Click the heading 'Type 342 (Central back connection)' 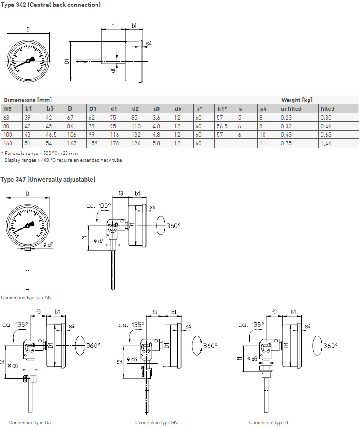(51, 5)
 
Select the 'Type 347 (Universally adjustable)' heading (48, 179)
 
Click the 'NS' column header (7, 109)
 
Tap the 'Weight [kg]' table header (297, 100)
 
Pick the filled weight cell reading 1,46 (326, 143)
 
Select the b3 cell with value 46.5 (52, 135)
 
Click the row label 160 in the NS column (8, 143)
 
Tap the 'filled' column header (327, 109)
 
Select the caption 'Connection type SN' (156, 422)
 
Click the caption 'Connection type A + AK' (26, 298)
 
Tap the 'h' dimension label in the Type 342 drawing (113, 26)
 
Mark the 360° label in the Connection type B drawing (330, 346)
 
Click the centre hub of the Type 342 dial (28, 61)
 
